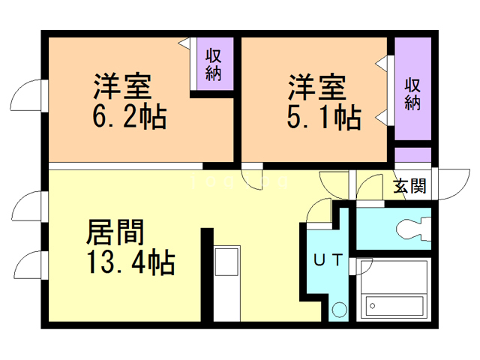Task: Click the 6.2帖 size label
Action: (x=127, y=117)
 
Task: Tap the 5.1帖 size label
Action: (x=323, y=117)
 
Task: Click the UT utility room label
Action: (x=328, y=260)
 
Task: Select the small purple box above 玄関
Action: (x=412, y=155)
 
